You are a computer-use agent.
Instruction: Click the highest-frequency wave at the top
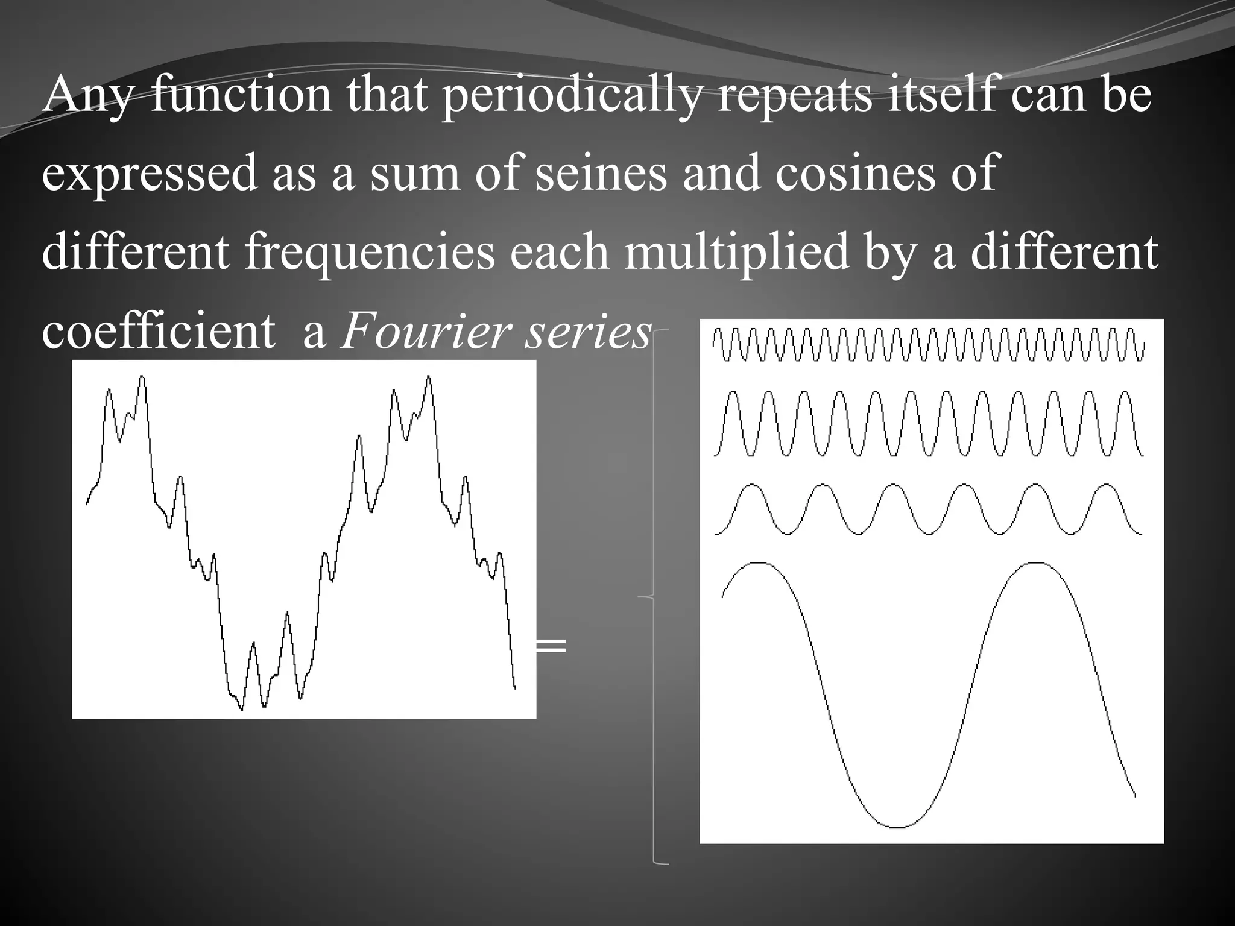pyautogui.click(x=929, y=345)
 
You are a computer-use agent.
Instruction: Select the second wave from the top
pyautogui.click(x=929, y=423)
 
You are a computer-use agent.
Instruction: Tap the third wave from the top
pyautogui.click(x=929, y=509)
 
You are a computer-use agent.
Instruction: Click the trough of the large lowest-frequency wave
pyautogui.click(x=897, y=827)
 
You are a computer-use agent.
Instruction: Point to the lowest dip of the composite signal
pyautogui.click(x=242, y=709)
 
